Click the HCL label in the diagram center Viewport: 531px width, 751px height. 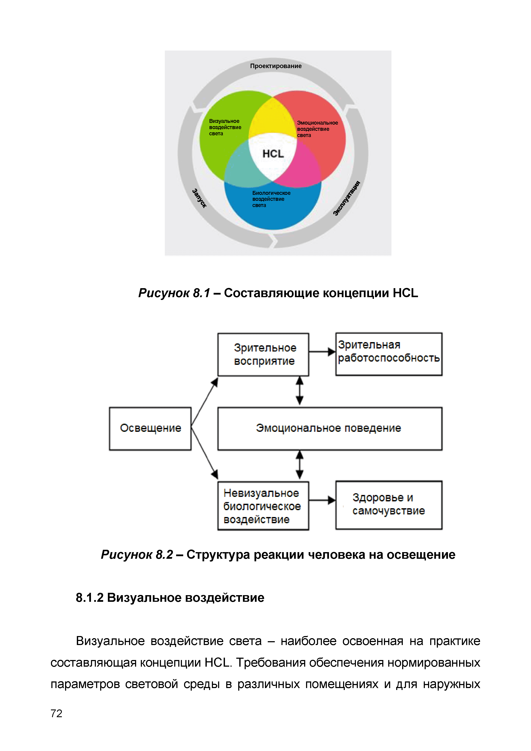(273, 154)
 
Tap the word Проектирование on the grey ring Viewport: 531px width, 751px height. (276, 66)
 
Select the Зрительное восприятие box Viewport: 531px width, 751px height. (263, 355)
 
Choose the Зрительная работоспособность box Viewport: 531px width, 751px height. (388, 354)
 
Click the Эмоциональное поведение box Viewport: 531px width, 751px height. (330, 429)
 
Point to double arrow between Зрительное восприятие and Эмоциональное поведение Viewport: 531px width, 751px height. (299, 391)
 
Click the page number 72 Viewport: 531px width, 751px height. (56, 713)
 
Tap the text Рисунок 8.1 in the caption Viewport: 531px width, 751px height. (174, 293)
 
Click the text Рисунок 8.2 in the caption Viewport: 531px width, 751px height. (137, 555)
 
